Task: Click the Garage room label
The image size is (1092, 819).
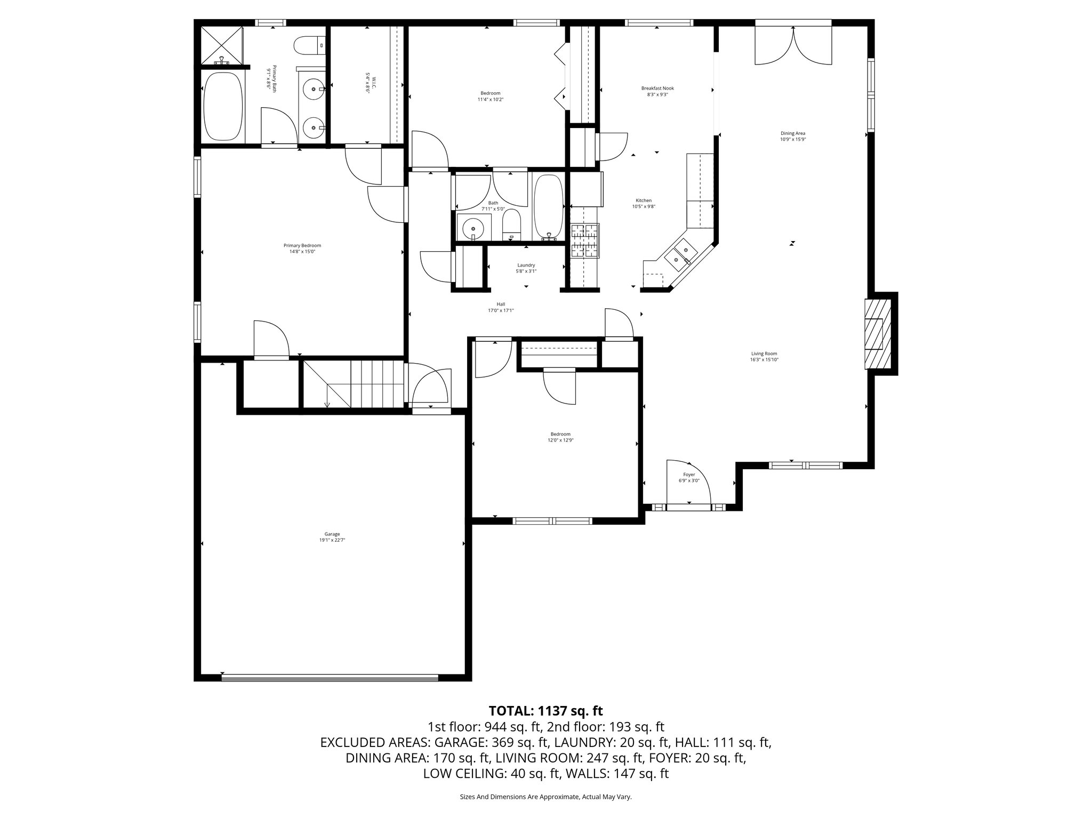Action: pos(332,534)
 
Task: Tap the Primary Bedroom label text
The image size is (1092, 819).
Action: pos(302,245)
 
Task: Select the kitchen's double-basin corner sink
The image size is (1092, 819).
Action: pos(681,254)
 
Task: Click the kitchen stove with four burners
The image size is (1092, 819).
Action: pos(585,240)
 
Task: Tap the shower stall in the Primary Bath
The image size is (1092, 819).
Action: pos(221,45)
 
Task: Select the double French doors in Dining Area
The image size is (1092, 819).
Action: pos(793,46)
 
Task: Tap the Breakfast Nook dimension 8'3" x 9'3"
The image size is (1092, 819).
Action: pos(657,95)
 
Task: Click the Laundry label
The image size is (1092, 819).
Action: pos(526,265)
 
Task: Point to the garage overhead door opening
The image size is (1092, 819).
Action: pos(330,678)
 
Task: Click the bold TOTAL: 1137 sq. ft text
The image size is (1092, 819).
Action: pos(545,711)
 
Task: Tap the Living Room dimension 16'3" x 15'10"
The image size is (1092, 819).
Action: pos(764,360)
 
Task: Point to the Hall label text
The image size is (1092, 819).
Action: pos(500,304)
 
